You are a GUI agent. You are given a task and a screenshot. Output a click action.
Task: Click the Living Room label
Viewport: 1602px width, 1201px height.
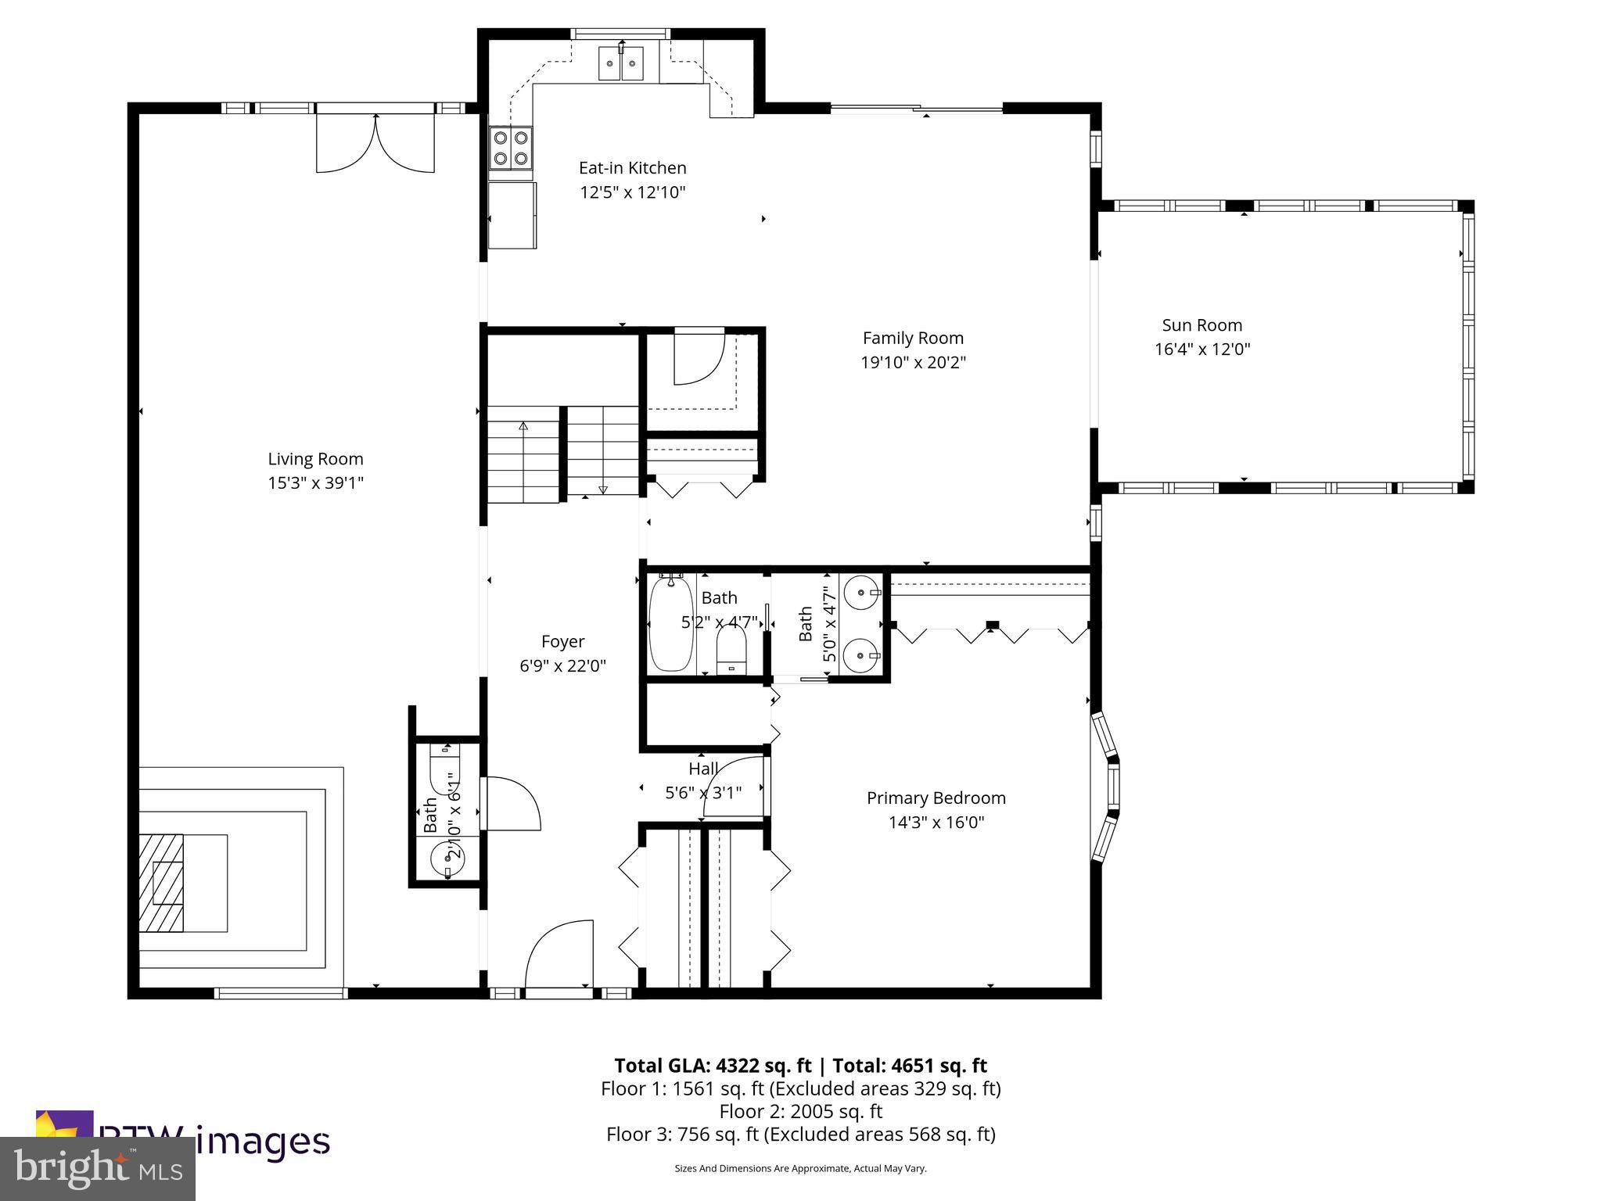tap(315, 459)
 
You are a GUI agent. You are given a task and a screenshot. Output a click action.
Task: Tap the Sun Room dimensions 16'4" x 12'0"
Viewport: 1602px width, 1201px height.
tap(1202, 350)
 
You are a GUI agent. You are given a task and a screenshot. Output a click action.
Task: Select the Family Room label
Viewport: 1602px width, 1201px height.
tap(913, 338)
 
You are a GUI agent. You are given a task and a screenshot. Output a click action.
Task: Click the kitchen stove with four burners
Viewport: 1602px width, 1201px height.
tap(511, 149)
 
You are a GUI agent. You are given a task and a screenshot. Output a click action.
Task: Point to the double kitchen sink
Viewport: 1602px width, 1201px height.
tap(621, 63)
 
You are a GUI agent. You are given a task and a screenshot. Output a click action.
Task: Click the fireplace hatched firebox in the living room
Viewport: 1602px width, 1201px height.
tap(161, 883)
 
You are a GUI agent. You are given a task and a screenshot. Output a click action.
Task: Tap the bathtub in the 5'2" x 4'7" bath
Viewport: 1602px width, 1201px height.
tap(670, 623)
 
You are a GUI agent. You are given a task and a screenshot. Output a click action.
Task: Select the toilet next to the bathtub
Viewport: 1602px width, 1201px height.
tap(731, 653)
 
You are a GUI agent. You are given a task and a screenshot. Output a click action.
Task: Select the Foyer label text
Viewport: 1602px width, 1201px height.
tap(562, 641)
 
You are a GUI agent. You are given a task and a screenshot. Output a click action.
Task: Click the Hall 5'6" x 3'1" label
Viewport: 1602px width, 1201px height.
tap(703, 780)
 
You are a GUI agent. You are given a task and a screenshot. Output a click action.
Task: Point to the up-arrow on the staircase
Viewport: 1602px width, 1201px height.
tap(523, 427)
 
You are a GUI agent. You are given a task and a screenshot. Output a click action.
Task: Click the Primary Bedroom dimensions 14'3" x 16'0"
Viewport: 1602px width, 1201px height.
tap(936, 822)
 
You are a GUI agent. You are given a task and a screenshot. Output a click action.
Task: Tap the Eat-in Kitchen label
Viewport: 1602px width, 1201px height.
tap(632, 167)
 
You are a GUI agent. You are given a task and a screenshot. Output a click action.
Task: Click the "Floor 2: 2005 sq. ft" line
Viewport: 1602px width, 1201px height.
tap(800, 1111)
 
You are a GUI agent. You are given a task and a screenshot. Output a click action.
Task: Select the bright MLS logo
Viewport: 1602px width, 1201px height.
tap(98, 1169)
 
